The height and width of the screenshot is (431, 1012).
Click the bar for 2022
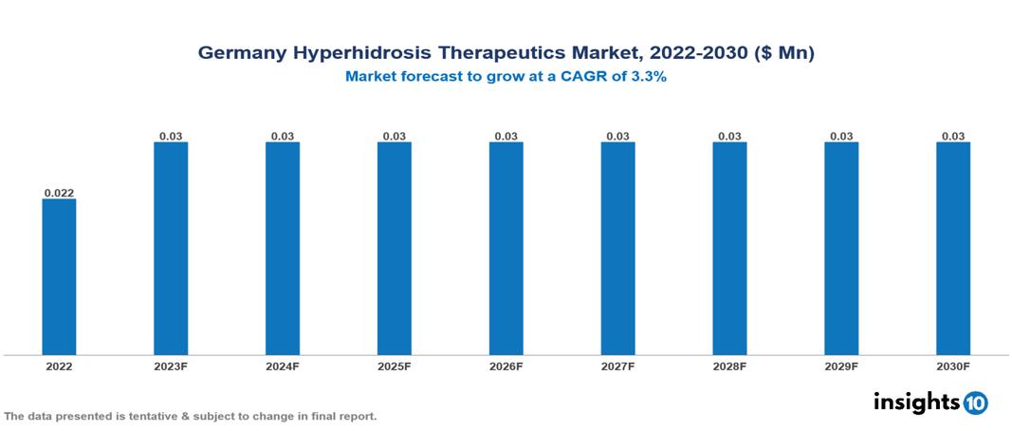tap(59, 276)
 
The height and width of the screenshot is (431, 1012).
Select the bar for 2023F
tap(171, 248)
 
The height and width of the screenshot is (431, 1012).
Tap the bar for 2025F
tap(394, 248)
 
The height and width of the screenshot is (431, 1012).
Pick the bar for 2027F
tap(617, 248)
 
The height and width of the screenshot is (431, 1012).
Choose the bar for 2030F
tap(953, 248)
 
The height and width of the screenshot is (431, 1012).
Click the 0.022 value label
tap(59, 193)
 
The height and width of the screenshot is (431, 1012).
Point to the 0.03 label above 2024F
tap(283, 137)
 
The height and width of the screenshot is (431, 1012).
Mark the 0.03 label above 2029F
tap(841, 137)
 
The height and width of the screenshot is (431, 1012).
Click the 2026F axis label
tap(506, 366)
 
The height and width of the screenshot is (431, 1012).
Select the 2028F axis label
tap(729, 366)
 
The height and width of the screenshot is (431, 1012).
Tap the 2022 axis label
tap(59, 366)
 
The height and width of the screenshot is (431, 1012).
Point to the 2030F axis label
tap(953, 366)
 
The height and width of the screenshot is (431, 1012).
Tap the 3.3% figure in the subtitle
tap(649, 78)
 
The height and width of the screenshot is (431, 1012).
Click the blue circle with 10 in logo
tap(975, 403)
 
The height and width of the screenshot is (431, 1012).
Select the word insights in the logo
tap(916, 402)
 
